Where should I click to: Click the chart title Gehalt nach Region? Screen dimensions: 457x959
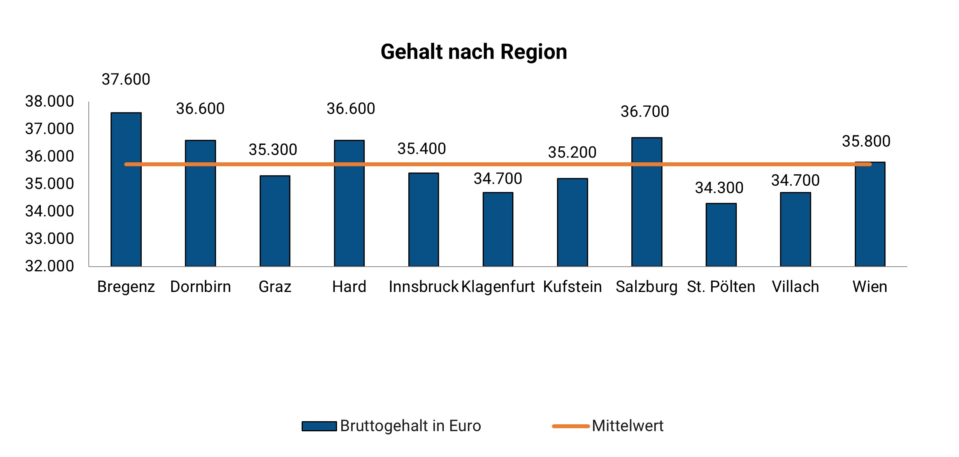474,52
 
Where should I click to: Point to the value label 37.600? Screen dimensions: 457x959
126,79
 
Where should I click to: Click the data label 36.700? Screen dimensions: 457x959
645,112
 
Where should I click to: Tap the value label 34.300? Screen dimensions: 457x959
719,188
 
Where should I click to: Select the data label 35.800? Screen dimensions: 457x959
866,141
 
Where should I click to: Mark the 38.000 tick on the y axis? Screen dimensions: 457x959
49,102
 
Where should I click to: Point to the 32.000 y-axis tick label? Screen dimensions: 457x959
49,266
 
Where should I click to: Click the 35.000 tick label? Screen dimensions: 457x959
49,184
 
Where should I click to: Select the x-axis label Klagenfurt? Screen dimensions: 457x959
498,287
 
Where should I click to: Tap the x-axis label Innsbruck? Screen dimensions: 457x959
423,287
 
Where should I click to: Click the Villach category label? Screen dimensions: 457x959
795,287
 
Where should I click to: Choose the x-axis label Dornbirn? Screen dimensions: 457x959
200,287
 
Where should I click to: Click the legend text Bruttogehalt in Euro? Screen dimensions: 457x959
410,426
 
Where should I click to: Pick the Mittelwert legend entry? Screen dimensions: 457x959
627,426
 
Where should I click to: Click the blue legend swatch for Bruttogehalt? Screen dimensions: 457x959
319,426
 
